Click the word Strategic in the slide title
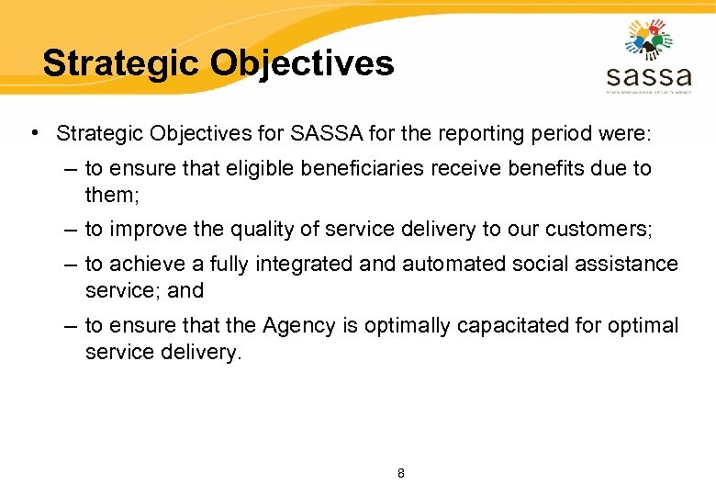coord(121,63)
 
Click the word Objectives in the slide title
coord(302,63)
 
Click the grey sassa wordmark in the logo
coord(648,73)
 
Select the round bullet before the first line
coord(34,133)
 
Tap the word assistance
coord(627,265)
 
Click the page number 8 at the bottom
coord(400,474)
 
